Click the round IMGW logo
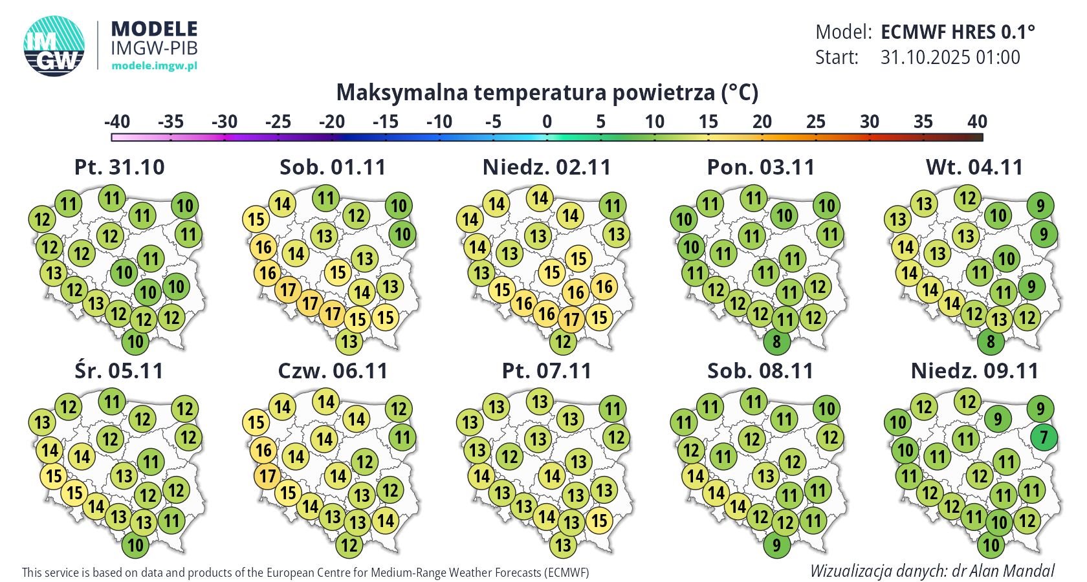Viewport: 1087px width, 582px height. click(54, 46)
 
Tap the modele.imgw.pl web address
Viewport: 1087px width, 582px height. click(154, 65)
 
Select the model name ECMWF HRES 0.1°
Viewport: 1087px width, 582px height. click(958, 32)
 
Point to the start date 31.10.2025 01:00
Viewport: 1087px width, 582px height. click(950, 58)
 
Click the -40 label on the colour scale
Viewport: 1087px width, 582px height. click(117, 122)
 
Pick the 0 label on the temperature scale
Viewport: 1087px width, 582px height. click(547, 122)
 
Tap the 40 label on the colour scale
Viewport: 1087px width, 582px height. click(977, 122)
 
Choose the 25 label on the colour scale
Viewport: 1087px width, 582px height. click(816, 122)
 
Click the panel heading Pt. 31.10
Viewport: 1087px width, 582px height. click(120, 167)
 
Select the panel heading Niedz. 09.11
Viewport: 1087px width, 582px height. click(974, 371)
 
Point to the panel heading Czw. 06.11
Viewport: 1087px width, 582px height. click(333, 371)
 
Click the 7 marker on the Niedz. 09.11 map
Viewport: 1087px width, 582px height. click(1044, 437)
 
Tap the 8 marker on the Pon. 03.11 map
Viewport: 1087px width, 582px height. click(776, 341)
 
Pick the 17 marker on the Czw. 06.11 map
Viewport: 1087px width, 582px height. click(268, 477)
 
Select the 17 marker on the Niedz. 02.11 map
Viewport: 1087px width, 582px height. click(571, 319)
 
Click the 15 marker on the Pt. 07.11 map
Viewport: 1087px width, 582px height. click(600, 521)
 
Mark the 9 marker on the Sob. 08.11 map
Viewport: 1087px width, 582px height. click(776, 545)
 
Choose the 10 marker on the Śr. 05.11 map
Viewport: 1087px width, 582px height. click(135, 545)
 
